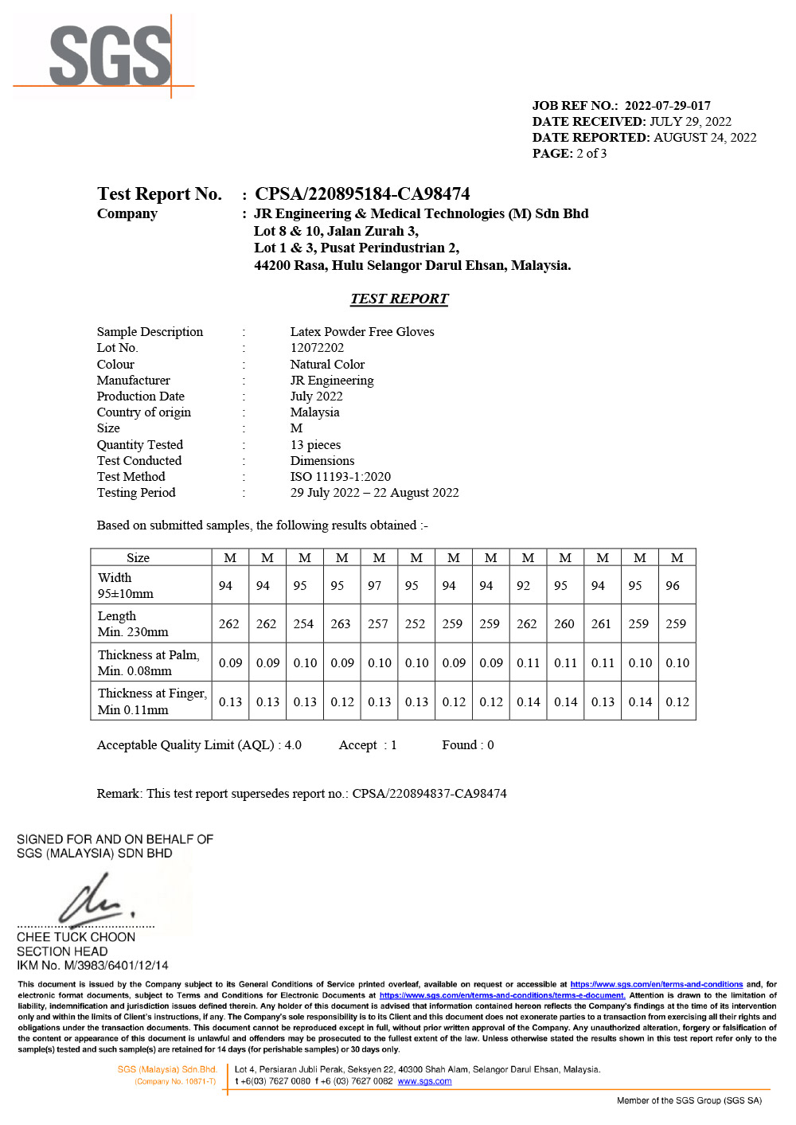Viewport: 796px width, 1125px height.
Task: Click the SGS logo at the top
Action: [110, 56]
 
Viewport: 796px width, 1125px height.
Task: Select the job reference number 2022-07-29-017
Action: [667, 106]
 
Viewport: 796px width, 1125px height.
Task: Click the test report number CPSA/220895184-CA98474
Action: [362, 194]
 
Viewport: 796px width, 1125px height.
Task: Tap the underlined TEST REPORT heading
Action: [399, 299]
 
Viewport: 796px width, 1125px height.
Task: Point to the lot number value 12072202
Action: [317, 348]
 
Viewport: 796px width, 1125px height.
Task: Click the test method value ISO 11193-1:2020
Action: [340, 477]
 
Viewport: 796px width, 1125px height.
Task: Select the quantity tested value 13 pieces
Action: [315, 445]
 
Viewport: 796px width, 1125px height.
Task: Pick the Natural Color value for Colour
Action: [327, 365]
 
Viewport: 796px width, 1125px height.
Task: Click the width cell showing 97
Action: [375, 586]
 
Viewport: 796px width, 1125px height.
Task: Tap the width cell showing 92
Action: [524, 586]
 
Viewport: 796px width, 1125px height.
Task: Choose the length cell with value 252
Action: [416, 624]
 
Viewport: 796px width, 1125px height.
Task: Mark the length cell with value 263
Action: [341, 624]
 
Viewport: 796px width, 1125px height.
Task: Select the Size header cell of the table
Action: [138, 558]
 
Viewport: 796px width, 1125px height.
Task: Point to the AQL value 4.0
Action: [293, 745]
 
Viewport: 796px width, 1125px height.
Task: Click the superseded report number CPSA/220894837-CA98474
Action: [429, 794]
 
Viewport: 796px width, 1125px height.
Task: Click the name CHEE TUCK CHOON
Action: [76, 937]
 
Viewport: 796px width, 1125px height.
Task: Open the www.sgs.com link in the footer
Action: [424, 1081]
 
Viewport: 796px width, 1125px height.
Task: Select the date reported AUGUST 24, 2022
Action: [704, 138]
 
